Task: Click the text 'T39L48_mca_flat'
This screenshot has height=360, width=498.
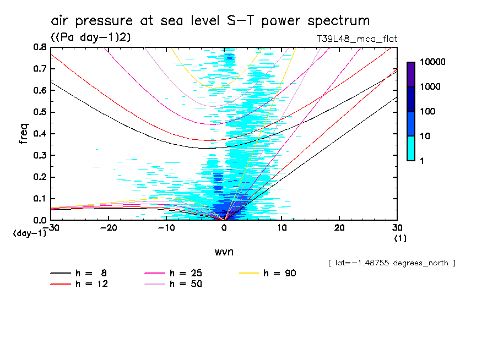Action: (x=354, y=39)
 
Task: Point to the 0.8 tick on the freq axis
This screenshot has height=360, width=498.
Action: (x=40, y=47)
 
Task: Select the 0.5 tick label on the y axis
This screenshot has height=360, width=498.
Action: (x=40, y=112)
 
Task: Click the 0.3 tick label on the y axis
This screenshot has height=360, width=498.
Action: (x=40, y=155)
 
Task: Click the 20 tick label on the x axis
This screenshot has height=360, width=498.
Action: (x=339, y=227)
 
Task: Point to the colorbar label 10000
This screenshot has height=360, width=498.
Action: (x=432, y=63)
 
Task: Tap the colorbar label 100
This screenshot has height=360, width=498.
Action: (x=428, y=112)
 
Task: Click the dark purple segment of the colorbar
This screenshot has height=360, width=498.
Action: (x=411, y=74)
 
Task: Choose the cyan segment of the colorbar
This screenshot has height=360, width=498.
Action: (x=411, y=148)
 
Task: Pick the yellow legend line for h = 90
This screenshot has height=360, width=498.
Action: (x=250, y=273)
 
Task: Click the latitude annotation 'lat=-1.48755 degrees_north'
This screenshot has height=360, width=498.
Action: (x=391, y=263)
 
